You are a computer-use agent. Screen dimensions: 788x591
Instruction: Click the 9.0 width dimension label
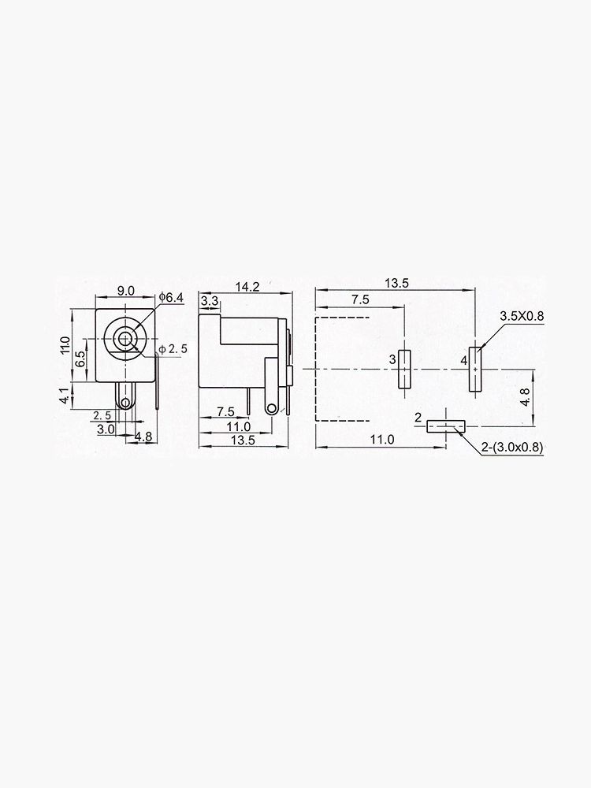click(125, 291)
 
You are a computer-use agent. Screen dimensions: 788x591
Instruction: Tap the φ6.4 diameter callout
click(171, 297)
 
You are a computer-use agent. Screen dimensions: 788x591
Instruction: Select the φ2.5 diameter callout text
click(173, 349)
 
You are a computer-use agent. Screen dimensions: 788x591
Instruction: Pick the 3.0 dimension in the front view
click(105, 429)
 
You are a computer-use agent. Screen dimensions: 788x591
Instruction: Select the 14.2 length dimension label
click(247, 288)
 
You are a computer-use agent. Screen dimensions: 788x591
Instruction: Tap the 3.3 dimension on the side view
click(210, 301)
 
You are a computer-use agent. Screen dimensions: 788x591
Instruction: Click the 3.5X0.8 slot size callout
click(522, 316)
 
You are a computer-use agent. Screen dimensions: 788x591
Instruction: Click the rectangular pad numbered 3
click(404, 369)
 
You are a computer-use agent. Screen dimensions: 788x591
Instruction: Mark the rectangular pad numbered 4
click(475, 369)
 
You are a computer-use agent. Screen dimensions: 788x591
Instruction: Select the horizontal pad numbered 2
click(445, 426)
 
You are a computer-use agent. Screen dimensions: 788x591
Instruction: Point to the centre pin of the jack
click(125, 340)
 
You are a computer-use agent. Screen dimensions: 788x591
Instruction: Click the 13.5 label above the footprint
click(396, 284)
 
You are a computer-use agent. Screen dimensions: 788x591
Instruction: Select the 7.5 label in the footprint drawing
click(360, 300)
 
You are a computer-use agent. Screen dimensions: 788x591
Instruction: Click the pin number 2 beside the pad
click(418, 417)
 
